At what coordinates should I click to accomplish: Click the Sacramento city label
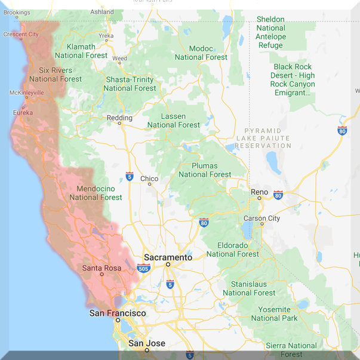[168, 257]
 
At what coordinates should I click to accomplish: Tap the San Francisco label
[118, 313]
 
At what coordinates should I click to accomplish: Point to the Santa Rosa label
[101, 268]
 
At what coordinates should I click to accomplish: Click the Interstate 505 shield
[143, 269]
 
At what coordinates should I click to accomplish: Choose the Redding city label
[119, 118]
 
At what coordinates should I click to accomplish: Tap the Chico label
[149, 179]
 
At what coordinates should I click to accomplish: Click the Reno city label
[260, 192]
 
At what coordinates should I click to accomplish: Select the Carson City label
[262, 219]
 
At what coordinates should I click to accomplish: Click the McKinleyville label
[27, 93]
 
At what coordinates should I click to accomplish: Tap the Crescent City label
[21, 34]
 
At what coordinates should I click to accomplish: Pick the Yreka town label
[106, 36]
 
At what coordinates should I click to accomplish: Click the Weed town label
[120, 59]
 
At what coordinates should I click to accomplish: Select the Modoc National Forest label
[201, 53]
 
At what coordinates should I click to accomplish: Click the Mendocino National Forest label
[96, 193]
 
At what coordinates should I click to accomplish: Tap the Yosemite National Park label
[274, 313]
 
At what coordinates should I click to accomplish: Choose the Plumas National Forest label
[205, 170]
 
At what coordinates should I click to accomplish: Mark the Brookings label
[16, 12]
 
